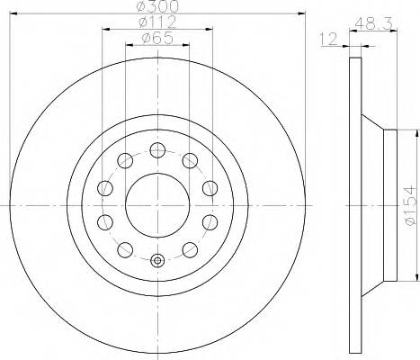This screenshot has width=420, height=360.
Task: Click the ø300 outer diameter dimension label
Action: (x=156, y=8)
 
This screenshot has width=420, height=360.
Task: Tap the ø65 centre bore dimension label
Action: (x=156, y=40)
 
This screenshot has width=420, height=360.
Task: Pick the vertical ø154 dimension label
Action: (x=410, y=205)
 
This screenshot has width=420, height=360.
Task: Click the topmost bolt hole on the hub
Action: (x=157, y=149)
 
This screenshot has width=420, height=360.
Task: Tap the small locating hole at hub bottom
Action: (x=157, y=261)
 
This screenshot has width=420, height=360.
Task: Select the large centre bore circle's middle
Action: (x=157, y=205)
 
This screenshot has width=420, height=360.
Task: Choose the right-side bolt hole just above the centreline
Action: (x=210, y=187)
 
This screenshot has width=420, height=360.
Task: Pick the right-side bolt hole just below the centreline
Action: (x=210, y=222)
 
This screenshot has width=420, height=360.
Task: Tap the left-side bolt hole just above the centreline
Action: (x=104, y=187)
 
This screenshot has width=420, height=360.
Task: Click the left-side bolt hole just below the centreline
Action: (x=104, y=222)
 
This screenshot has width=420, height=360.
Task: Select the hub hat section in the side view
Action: (x=389, y=205)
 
